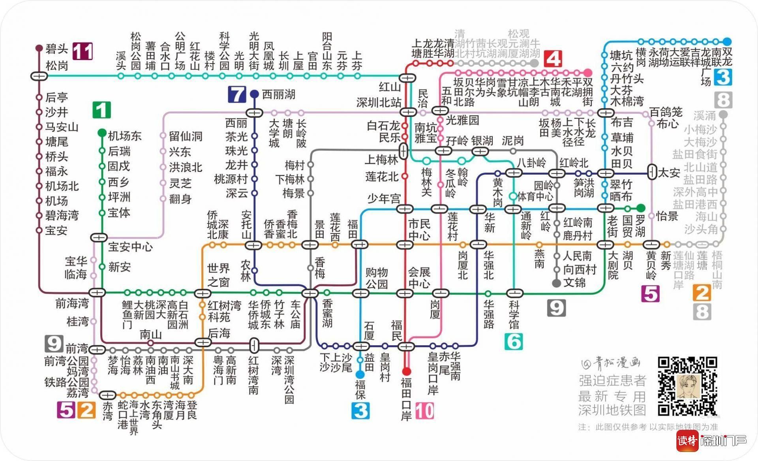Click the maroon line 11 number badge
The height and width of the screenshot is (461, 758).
click(x=84, y=51)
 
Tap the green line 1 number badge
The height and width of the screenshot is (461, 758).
click(x=101, y=110)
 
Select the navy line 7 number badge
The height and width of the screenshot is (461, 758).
click(x=237, y=95)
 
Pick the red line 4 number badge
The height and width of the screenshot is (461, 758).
click(x=553, y=59)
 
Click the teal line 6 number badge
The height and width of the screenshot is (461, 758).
click(x=514, y=341)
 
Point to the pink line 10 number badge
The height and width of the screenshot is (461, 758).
click(x=424, y=411)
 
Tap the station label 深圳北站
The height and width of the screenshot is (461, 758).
click(x=379, y=103)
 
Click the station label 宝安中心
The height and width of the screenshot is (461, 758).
click(x=130, y=247)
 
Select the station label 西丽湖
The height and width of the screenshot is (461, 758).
click(x=278, y=94)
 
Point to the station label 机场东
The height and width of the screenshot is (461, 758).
click(x=124, y=136)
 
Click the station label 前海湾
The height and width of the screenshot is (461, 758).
click(x=72, y=303)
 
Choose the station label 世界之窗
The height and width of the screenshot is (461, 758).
click(x=218, y=275)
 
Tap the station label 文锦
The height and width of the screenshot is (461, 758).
click(x=574, y=283)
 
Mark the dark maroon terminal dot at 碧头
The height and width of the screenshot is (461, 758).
click(x=39, y=48)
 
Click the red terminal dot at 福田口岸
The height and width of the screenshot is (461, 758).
click(x=406, y=371)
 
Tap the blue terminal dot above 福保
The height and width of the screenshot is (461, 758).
click(x=360, y=374)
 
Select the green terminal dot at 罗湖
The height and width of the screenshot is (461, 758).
click(x=640, y=208)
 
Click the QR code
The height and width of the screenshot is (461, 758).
click(x=687, y=386)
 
